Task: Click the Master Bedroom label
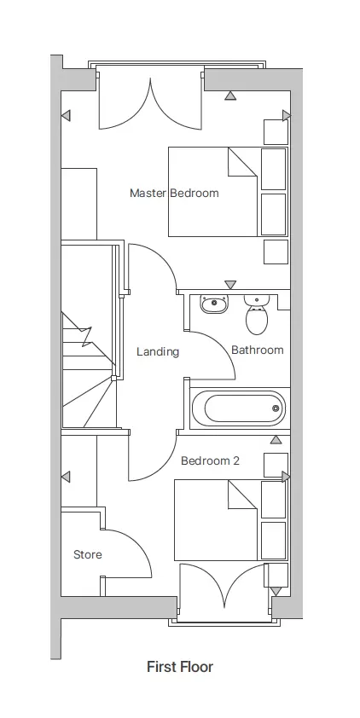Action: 174,193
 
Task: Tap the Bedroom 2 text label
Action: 210,460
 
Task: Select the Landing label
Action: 158,352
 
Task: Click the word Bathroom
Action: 258,350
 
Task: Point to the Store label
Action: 88,554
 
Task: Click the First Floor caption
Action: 180,667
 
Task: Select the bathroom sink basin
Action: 214,304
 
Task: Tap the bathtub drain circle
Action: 276,408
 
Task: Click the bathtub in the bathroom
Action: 239,408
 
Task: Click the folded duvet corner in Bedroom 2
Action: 241,494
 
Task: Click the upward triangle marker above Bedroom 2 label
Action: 276,440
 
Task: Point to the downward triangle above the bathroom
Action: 230,284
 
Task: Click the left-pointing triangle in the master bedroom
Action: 66,115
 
